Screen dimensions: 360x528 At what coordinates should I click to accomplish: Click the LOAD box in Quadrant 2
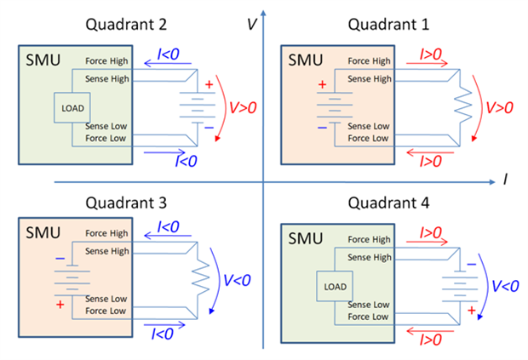coord(69,107)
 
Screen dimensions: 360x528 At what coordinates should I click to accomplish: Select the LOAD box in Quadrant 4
coord(335,286)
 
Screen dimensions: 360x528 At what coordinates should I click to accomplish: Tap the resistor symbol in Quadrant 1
coord(464,106)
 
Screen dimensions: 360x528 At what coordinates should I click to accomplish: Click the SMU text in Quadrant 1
coord(304,60)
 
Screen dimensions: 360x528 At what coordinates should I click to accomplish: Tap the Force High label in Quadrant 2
coord(107,61)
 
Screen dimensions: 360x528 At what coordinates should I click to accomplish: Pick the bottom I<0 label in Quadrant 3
coord(162,330)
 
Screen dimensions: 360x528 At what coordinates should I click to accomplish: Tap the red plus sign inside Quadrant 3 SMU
coord(60,304)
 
